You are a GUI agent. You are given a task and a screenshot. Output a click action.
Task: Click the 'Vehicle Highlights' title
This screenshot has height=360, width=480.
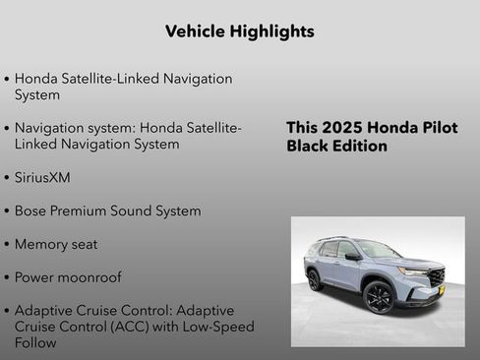(x=240, y=31)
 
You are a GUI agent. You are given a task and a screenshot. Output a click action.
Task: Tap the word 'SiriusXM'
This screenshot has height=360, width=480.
(x=42, y=178)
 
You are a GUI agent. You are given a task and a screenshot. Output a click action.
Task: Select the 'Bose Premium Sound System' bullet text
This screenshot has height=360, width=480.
(x=107, y=211)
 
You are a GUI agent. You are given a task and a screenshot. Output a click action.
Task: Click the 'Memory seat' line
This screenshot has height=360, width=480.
(x=56, y=244)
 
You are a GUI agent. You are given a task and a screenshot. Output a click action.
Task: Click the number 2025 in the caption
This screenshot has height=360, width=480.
(x=343, y=128)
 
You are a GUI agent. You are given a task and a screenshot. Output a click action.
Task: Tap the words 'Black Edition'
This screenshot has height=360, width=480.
(x=336, y=147)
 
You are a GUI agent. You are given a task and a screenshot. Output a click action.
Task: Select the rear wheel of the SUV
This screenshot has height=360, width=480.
(x=314, y=280)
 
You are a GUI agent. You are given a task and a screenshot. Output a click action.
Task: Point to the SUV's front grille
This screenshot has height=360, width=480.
(x=436, y=276)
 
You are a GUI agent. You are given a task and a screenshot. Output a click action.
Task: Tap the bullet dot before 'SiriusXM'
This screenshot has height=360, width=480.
(x=7, y=179)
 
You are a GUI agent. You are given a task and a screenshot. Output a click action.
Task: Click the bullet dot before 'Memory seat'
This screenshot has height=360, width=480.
(x=7, y=245)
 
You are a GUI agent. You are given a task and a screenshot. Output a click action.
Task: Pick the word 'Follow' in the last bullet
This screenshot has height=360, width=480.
(x=35, y=343)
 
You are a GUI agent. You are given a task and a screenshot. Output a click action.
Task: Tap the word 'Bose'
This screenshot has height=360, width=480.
(x=32, y=211)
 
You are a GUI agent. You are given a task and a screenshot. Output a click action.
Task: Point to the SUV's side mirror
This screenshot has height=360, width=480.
(x=352, y=257)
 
